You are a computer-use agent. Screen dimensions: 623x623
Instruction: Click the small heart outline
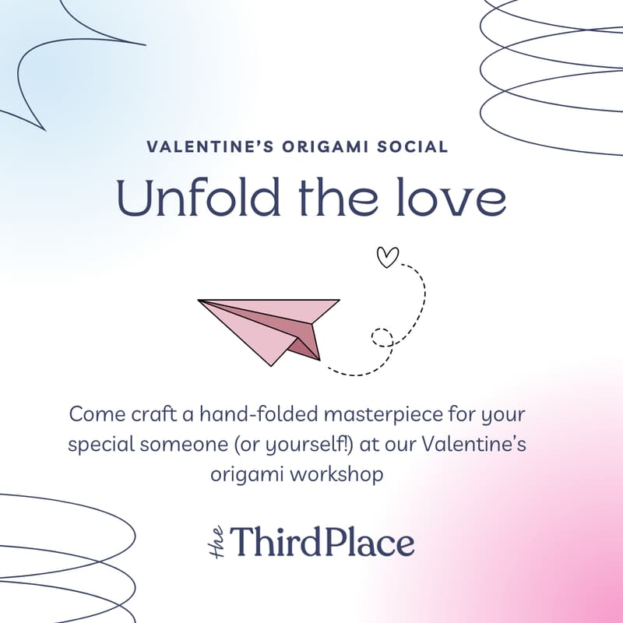tap(388, 257)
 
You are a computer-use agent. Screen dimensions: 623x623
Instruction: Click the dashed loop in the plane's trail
tap(382, 337)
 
